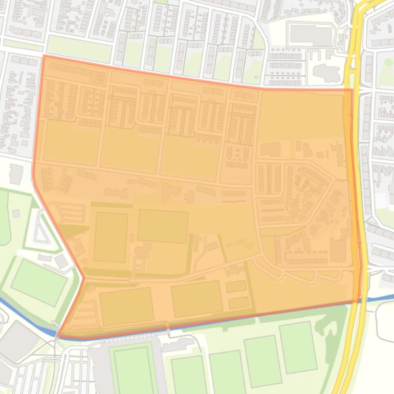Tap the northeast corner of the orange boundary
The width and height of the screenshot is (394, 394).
[352, 90]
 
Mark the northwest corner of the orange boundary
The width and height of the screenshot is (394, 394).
[44, 56]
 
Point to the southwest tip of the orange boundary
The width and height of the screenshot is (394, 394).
[57, 336]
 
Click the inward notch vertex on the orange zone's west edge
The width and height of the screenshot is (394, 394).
[83, 278]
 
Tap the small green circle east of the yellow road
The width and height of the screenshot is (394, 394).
[388, 62]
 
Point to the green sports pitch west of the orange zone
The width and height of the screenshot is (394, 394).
[39, 281]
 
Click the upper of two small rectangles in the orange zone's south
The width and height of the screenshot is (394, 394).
[236, 287]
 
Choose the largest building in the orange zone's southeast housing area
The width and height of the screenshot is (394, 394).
[338, 250]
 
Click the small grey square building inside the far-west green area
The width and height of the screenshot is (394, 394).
[16, 213]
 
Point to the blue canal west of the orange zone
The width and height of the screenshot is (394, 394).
[26, 317]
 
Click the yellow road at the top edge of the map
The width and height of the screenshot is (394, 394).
[366, 5]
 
